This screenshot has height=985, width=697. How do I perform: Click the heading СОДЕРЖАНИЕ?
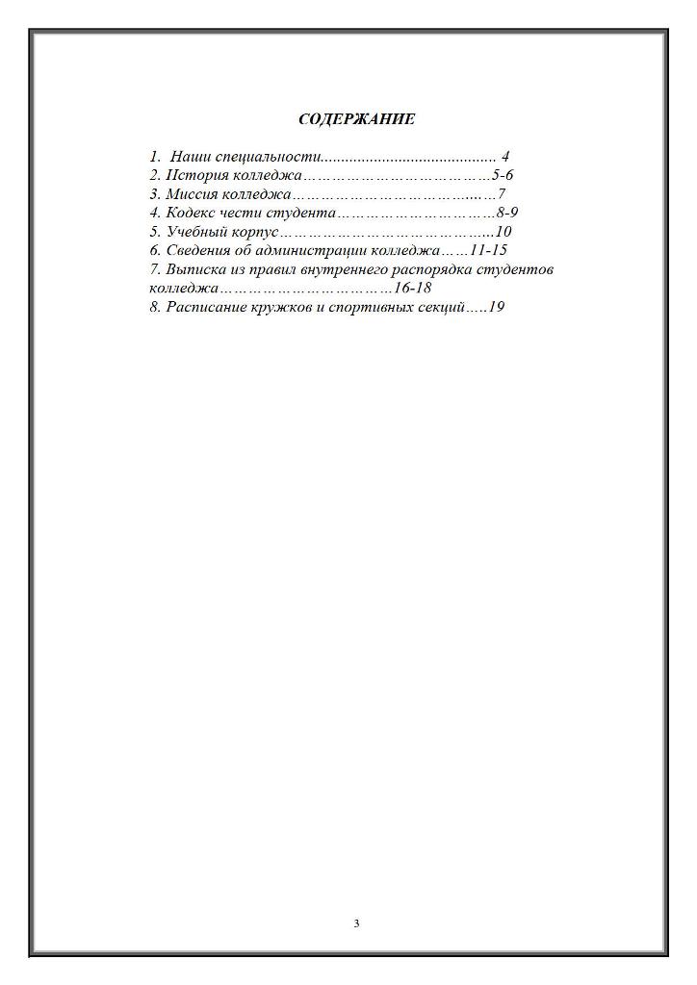pos(356,119)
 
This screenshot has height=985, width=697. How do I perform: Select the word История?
pos(196,175)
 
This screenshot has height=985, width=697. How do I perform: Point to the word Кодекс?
pos(191,213)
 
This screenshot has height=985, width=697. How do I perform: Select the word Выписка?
pos(197,269)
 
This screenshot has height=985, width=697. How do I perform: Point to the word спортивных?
pos(369,307)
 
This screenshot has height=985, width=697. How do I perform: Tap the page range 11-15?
pos(488,250)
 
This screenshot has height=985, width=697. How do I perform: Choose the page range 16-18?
pos(412,288)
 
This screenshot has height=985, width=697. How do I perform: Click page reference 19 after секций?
pos(497,307)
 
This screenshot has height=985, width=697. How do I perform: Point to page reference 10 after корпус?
pos(502,232)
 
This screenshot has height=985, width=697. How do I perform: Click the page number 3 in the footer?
pos(356,923)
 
